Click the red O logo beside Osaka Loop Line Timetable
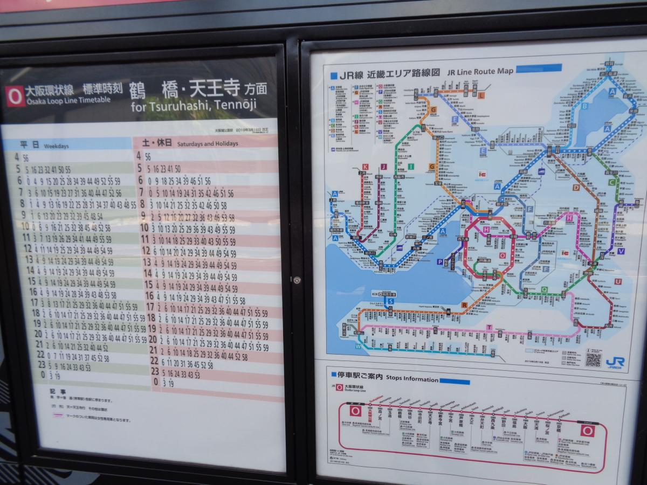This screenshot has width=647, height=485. click(16, 95)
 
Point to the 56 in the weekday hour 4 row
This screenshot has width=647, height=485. click(25, 158)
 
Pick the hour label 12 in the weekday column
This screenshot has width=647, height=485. click(27, 248)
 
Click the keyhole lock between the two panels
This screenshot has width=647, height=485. click(296, 280)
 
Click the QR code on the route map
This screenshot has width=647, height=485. click(593, 359)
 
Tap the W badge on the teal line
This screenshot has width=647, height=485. click(357, 347)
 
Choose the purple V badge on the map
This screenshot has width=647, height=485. click(621, 251)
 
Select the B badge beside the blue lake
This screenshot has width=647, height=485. click(584, 106)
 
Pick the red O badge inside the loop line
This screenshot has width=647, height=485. click(503, 255)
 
